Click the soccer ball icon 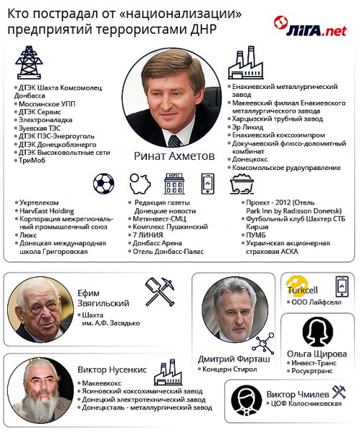pyautogui.click(x=103, y=184)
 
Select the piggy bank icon pyautogui.click(x=138, y=184)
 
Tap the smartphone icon pyautogui.click(x=208, y=184)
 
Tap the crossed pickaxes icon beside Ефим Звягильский pyautogui.click(x=160, y=292)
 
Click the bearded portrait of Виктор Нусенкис pyautogui.click(x=41, y=390)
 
